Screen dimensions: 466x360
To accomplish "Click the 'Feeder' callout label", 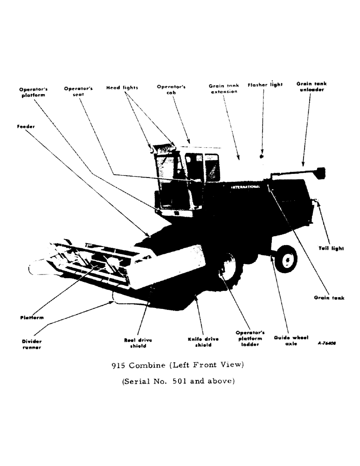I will (x=26, y=126).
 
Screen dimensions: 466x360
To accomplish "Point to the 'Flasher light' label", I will (x=265, y=85).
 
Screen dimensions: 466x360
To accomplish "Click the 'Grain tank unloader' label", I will (x=312, y=87).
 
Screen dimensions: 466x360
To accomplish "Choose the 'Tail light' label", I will (x=331, y=248).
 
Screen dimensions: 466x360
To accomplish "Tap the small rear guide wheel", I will (x=286, y=260).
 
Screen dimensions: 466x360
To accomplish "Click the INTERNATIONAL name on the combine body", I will (x=245, y=187).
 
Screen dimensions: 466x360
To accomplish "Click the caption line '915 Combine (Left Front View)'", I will (x=178, y=365).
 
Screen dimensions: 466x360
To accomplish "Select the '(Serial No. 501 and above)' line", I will (x=178, y=381).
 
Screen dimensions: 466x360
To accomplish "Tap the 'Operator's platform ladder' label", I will (x=250, y=339).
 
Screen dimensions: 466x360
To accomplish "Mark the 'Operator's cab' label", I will (x=171, y=89).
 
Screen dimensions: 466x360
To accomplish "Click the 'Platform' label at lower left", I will (x=32, y=317).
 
